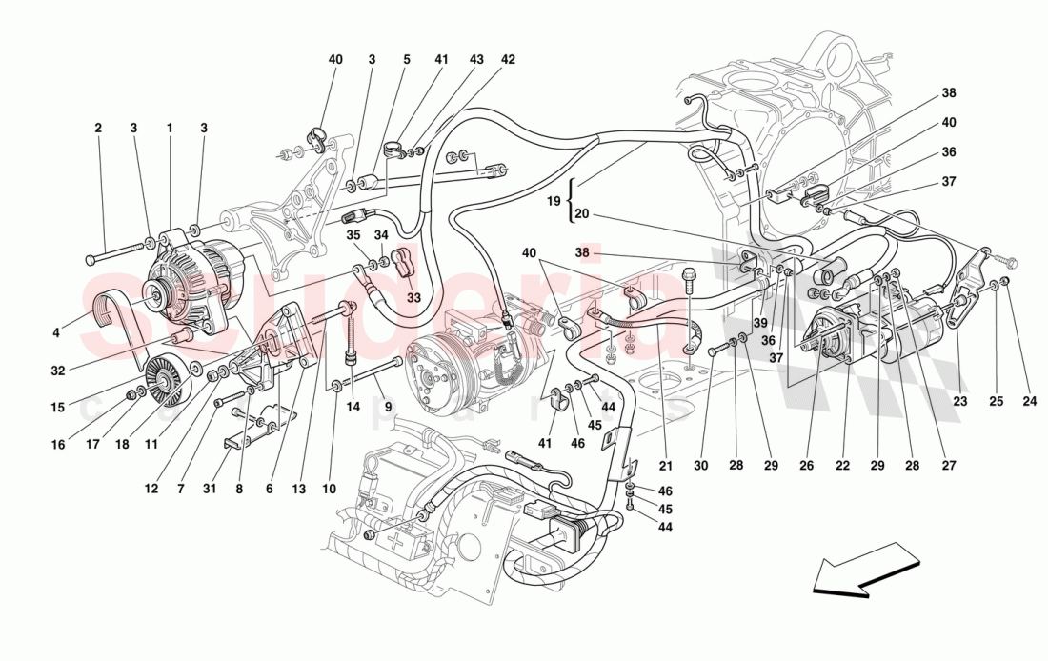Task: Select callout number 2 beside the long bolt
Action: pos(97,128)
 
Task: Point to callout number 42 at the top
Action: pos(508,59)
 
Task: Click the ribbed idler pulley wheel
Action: pos(166,382)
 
